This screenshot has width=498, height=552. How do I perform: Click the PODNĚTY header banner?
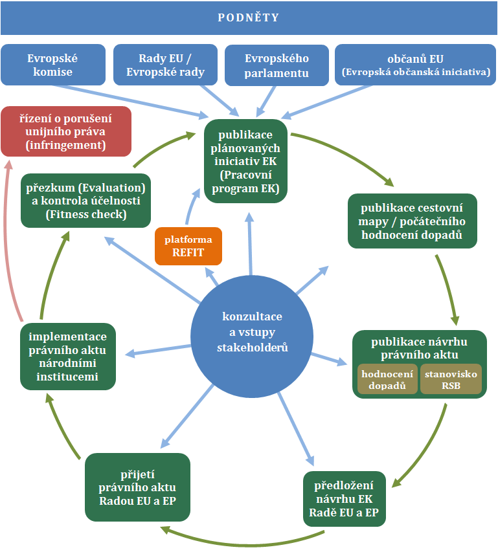pos(249,17)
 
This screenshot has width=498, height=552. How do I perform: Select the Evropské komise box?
pos(53,65)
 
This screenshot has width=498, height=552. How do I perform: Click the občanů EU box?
pos(416,65)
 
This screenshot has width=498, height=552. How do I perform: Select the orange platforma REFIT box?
pos(188,246)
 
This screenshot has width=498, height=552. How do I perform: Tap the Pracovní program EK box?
pos(245,161)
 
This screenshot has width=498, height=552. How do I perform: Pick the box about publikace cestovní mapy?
pos(413,221)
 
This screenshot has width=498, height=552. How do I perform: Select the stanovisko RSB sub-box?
pos(451,380)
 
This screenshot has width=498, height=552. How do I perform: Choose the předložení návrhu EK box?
pos(344,498)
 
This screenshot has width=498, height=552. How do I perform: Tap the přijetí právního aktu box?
pos(138,487)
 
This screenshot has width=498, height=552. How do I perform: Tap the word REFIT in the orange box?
pos(188,252)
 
